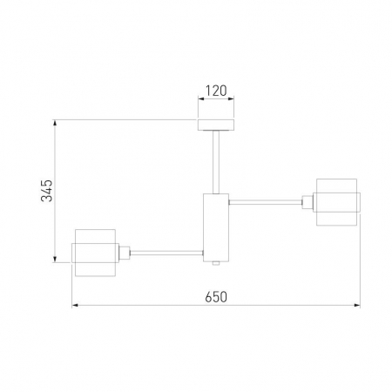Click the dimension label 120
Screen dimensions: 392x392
pyautogui.click(x=216, y=91)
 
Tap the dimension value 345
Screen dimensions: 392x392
pyautogui.click(x=47, y=191)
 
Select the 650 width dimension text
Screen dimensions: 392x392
pyautogui.click(x=216, y=297)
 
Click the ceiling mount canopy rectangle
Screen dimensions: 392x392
pyautogui.click(x=216, y=125)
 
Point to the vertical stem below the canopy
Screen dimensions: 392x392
pyautogui.click(x=216, y=162)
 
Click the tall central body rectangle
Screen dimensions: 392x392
pyautogui.click(x=216, y=227)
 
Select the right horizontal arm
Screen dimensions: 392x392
pyautogui.click(x=266, y=202)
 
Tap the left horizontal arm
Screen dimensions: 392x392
pyautogui.click(x=166, y=253)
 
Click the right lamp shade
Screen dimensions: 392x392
pyautogui.click(x=337, y=202)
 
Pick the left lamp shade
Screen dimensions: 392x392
pyautogui.click(x=95, y=253)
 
